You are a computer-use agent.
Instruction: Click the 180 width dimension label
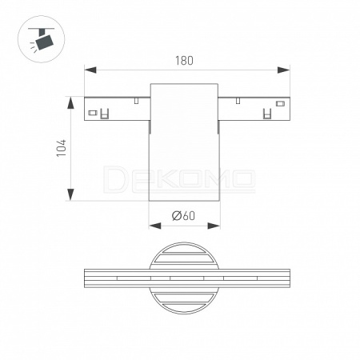tap(184, 61)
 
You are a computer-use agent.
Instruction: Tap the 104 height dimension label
tap(62, 148)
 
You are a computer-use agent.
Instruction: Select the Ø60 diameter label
tap(183, 216)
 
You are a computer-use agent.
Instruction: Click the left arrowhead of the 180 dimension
tap(90, 70)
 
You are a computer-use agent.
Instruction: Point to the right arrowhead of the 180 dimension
tap(283, 70)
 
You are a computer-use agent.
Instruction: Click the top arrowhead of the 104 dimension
tap(70, 103)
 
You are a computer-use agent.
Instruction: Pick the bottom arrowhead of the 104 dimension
tap(70, 194)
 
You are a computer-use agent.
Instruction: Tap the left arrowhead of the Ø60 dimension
tap(155, 226)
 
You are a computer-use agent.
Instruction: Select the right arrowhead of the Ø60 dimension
tap(214, 226)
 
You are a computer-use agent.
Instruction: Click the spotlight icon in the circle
tap(42, 39)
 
